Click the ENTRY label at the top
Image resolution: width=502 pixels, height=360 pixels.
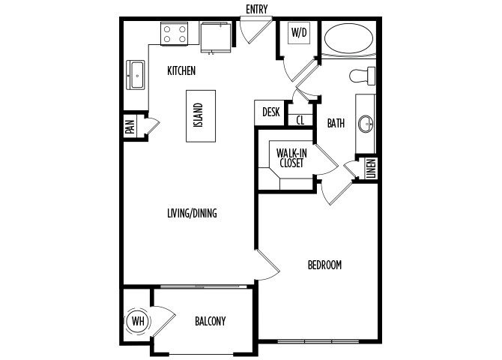pos(256,9)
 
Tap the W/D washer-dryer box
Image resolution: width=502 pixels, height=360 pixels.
pos(299,33)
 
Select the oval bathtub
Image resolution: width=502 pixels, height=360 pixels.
pos(348,38)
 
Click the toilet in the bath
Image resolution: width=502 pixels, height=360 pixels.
pos(362,76)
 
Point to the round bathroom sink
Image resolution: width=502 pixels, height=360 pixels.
pos(366,124)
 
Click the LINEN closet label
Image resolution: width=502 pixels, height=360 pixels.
pos(372,169)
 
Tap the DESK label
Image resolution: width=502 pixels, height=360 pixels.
pos(270,112)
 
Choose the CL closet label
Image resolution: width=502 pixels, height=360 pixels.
pos(300,120)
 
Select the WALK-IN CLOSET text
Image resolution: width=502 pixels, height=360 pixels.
pos(291,157)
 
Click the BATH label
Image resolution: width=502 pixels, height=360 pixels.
pos(336,123)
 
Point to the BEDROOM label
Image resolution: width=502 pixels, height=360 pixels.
pos(324,265)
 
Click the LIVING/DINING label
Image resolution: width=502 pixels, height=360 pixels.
pos(192,213)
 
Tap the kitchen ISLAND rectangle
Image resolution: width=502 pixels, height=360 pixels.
pos(201,116)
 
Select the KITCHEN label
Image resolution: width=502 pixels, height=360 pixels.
pos(181,70)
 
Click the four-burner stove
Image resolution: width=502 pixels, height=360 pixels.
pos(175,34)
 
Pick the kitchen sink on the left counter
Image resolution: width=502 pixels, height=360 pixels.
pos(136,75)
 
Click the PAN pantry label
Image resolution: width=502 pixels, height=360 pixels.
pos(130,127)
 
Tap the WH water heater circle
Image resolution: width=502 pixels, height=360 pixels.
pos(138,321)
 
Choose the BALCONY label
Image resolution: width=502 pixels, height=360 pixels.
pos(211,321)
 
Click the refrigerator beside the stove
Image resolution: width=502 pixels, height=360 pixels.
pos(216,37)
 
